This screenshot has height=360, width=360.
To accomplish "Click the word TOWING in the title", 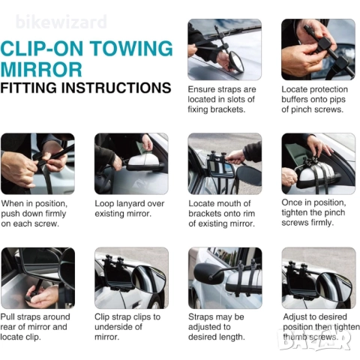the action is (x=131, y=48).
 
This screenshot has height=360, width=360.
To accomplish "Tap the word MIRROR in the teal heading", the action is (x=41, y=69).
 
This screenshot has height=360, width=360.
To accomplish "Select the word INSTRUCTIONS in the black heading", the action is (x=116, y=88).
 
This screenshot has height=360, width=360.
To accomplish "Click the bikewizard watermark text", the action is (x=61, y=22).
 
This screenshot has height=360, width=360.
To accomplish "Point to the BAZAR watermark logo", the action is (x=314, y=340).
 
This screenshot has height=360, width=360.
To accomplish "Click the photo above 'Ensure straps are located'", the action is (x=224, y=49).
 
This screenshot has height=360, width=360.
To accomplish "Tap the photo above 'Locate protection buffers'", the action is (x=318, y=49).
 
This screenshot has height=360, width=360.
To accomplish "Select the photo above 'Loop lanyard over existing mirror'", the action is (x=131, y=163).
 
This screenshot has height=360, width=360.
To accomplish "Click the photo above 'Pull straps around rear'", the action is (x=37, y=278).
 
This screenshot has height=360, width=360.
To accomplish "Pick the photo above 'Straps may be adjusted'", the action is (x=225, y=278).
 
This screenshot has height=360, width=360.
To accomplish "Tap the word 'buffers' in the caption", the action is (x=295, y=99).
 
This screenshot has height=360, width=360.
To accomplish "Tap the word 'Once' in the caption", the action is (x=291, y=202).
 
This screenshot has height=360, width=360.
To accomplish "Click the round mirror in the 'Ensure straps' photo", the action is (x=237, y=62).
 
